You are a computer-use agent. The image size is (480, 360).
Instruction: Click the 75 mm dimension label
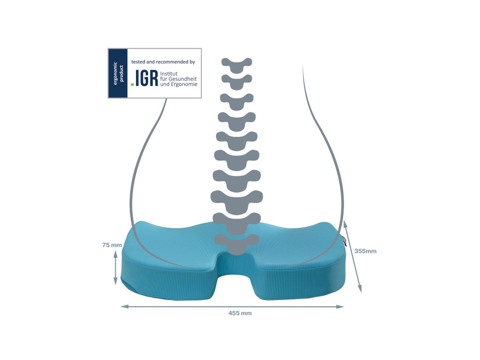tap(112, 245)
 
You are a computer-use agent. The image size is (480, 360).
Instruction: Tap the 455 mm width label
tap(240, 313)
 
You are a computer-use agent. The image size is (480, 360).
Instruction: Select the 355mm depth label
tap(365, 251)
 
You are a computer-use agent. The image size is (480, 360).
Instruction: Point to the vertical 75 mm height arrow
tap(115, 267)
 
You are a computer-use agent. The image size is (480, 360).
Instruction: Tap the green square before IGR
tap(133, 84)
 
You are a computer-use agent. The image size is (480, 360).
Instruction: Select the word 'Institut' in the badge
tap(169, 74)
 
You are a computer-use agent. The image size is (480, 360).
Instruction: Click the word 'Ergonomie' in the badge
tap(184, 84)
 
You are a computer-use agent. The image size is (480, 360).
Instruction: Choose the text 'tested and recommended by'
tap(163, 61)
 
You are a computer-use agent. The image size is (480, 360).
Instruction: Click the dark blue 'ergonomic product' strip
tap(118, 73)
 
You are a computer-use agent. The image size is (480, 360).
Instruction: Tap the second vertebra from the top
tap(237, 81)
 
